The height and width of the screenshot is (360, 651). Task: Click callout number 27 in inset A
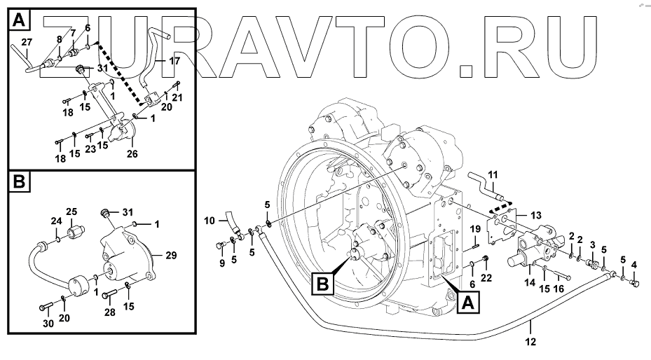[x=26, y=43]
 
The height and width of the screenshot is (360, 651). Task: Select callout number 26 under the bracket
[x=132, y=153]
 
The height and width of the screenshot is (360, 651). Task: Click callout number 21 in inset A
[x=177, y=97]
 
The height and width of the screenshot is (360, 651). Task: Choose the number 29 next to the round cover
[x=170, y=257]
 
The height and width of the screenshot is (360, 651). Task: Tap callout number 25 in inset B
[x=71, y=212]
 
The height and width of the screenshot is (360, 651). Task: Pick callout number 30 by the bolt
[x=48, y=324]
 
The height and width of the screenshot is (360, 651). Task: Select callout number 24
[x=57, y=222]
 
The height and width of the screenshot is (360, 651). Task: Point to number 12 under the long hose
[x=530, y=341]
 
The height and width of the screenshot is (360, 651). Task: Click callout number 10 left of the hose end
[x=210, y=221]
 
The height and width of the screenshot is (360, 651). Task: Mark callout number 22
[x=486, y=279]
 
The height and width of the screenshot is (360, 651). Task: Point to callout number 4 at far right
[x=635, y=264]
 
